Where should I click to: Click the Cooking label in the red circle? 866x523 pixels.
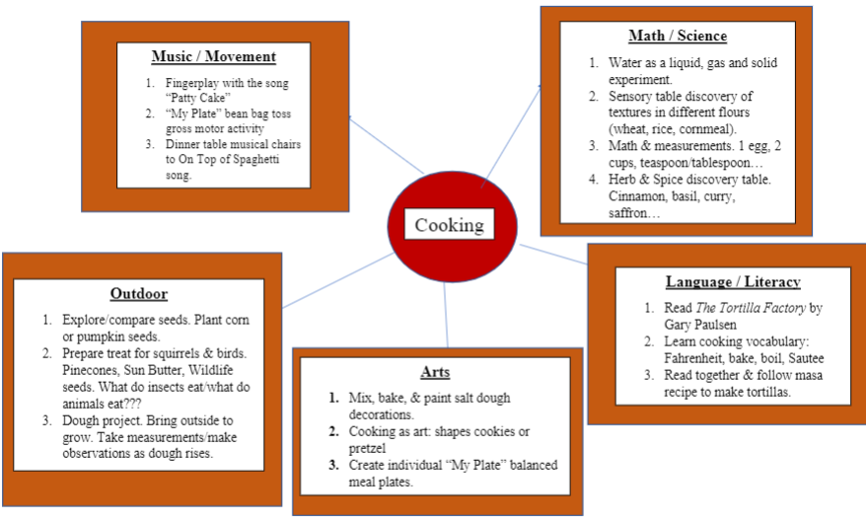449,225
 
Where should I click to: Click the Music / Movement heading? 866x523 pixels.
213,56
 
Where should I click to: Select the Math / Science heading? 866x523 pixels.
678,37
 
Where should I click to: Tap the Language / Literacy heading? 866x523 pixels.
732,282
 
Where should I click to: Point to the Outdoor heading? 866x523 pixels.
138,293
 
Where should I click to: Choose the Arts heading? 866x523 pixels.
436,372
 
